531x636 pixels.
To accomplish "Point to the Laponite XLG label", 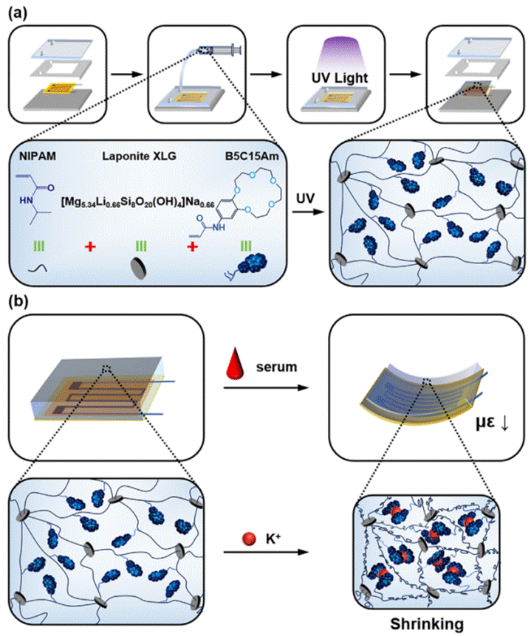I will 137,156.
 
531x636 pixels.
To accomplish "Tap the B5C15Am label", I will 243,156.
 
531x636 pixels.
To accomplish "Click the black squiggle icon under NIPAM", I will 32,269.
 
